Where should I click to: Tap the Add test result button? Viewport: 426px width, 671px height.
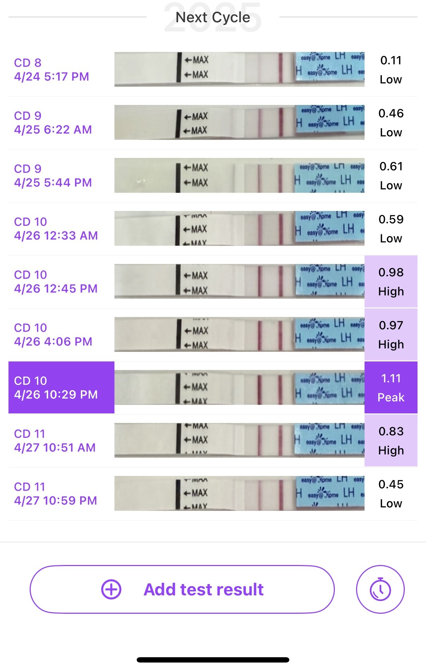point(182,589)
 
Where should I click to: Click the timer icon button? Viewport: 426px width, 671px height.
point(380,589)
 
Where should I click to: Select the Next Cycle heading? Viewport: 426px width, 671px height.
point(213,17)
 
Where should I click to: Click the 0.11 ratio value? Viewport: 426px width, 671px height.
point(391,60)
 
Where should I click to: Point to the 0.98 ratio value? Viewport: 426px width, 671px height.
point(391,272)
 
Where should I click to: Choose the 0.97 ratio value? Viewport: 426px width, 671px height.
point(391,325)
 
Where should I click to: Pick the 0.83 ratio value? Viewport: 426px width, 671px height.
point(391,431)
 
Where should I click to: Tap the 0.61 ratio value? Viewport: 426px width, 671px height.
point(391,166)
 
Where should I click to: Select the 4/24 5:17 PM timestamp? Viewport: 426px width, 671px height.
point(52,77)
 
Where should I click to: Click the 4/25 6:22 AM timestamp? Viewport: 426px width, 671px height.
point(53,130)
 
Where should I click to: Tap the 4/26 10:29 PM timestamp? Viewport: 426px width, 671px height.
point(56,395)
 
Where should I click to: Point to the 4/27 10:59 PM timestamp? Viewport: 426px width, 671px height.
point(55,501)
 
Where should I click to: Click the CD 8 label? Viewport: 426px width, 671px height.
point(28,63)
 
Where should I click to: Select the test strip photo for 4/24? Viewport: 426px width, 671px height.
point(239,69)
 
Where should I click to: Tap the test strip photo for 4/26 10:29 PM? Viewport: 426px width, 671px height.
point(239,387)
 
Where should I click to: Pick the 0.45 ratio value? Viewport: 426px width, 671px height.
point(391,484)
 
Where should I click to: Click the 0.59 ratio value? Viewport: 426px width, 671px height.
point(391,219)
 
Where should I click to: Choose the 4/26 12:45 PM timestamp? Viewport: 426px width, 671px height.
point(56,289)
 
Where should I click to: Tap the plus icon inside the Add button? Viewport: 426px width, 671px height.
point(111,589)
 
